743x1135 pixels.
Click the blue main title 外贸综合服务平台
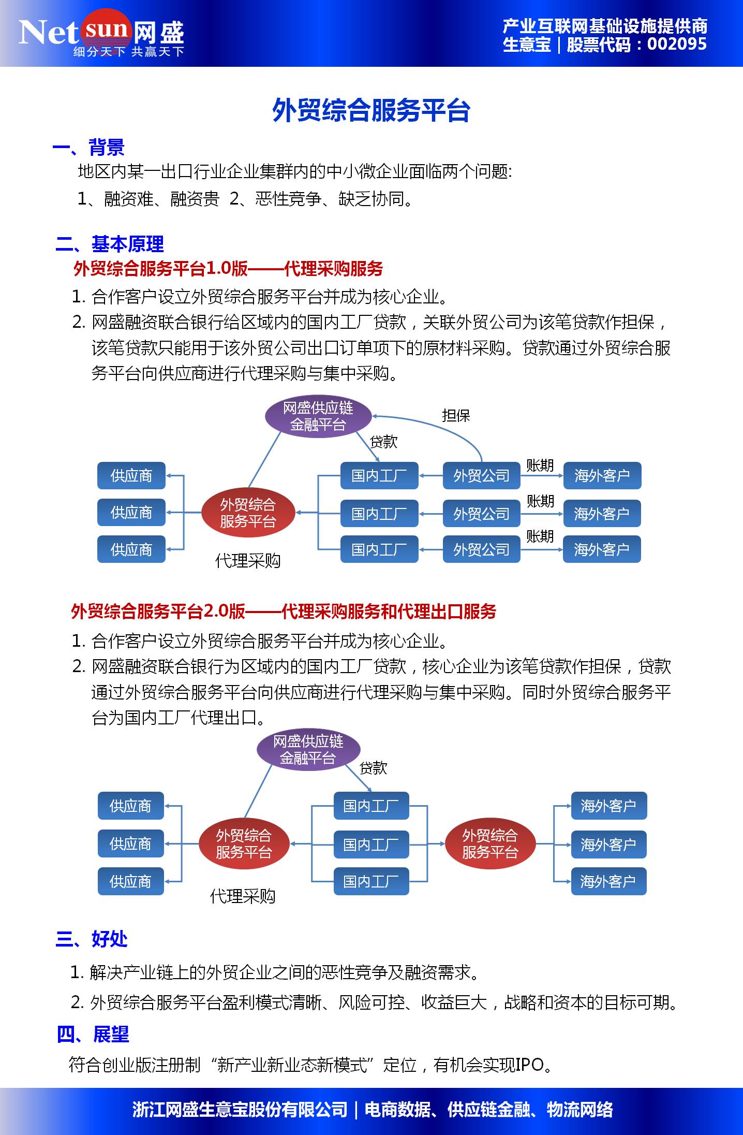pos(371,110)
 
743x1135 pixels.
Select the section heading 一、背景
pos(88,148)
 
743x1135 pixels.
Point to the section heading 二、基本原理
pos(110,244)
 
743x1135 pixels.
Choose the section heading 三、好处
pos(92,939)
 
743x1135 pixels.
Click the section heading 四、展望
pos(93,1034)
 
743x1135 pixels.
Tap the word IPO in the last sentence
pos(529,1065)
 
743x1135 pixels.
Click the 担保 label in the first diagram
pos(456,415)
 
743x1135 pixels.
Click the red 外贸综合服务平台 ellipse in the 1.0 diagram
pos(248,513)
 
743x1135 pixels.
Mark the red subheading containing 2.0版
pos(284,612)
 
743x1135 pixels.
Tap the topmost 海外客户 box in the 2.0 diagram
pos(608,806)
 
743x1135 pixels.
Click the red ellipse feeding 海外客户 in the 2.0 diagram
pos(490,843)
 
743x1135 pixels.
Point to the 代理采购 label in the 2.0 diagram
pos(243,896)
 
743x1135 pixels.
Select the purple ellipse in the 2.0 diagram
pos(308,750)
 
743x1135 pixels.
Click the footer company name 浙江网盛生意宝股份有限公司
pos(240,1110)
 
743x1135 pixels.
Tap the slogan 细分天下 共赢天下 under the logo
pos(128,52)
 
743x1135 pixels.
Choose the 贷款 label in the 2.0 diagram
pos(373,767)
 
